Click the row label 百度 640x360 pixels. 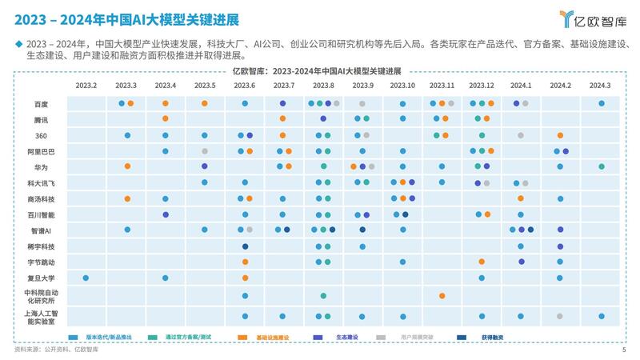pos(41,104)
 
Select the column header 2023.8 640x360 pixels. pos(323,86)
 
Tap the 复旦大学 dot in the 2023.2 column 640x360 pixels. pos(86,278)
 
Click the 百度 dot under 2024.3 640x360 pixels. pos(602,103)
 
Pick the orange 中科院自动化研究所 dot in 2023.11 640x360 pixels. pos(442,296)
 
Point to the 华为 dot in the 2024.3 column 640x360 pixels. pos(602,166)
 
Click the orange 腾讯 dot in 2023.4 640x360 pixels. pos(166,119)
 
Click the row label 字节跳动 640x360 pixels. pos(41,262)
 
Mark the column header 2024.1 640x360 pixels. pos(521,86)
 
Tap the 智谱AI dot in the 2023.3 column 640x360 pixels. pos(127,230)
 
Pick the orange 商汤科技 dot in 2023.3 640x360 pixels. pos(127,198)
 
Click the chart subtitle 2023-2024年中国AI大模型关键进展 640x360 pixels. pos(320,70)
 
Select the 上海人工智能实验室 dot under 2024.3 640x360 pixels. pos(602,316)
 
